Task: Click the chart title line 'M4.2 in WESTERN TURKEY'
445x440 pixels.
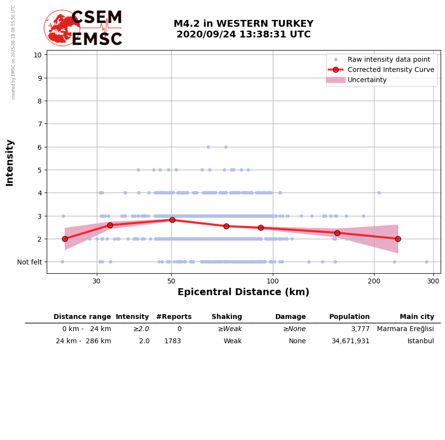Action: pyautogui.click(x=243, y=24)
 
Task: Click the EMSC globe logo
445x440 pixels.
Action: pyautogui.click(x=62, y=28)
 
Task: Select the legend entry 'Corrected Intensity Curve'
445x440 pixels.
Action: pyautogui.click(x=391, y=70)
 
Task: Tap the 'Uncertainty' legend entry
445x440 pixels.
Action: pyautogui.click(x=367, y=80)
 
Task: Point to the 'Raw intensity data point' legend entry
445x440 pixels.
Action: pyautogui.click(x=389, y=59)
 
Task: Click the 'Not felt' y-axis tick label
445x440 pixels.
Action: pyautogui.click(x=30, y=262)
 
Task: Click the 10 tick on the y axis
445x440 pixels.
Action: pyautogui.click(x=37, y=54)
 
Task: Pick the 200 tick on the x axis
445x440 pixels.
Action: pyautogui.click(x=374, y=281)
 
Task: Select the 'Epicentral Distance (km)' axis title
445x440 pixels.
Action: pyautogui.click(x=243, y=292)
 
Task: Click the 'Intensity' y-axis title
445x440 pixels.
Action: pyautogui.click(x=10, y=162)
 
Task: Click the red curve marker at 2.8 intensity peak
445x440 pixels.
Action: pyautogui.click(x=172, y=220)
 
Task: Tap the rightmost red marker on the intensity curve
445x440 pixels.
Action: pyautogui.click(x=398, y=239)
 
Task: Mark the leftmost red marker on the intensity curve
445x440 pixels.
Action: pyautogui.click(x=65, y=239)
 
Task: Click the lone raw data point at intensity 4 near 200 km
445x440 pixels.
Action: pyautogui.click(x=379, y=193)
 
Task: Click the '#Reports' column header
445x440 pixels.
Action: pyautogui.click(x=174, y=317)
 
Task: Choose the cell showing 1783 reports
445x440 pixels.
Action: pyautogui.click(x=173, y=341)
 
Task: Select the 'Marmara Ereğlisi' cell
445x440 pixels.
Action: pyautogui.click(x=405, y=329)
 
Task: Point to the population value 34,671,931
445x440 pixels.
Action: pyautogui.click(x=350, y=341)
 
